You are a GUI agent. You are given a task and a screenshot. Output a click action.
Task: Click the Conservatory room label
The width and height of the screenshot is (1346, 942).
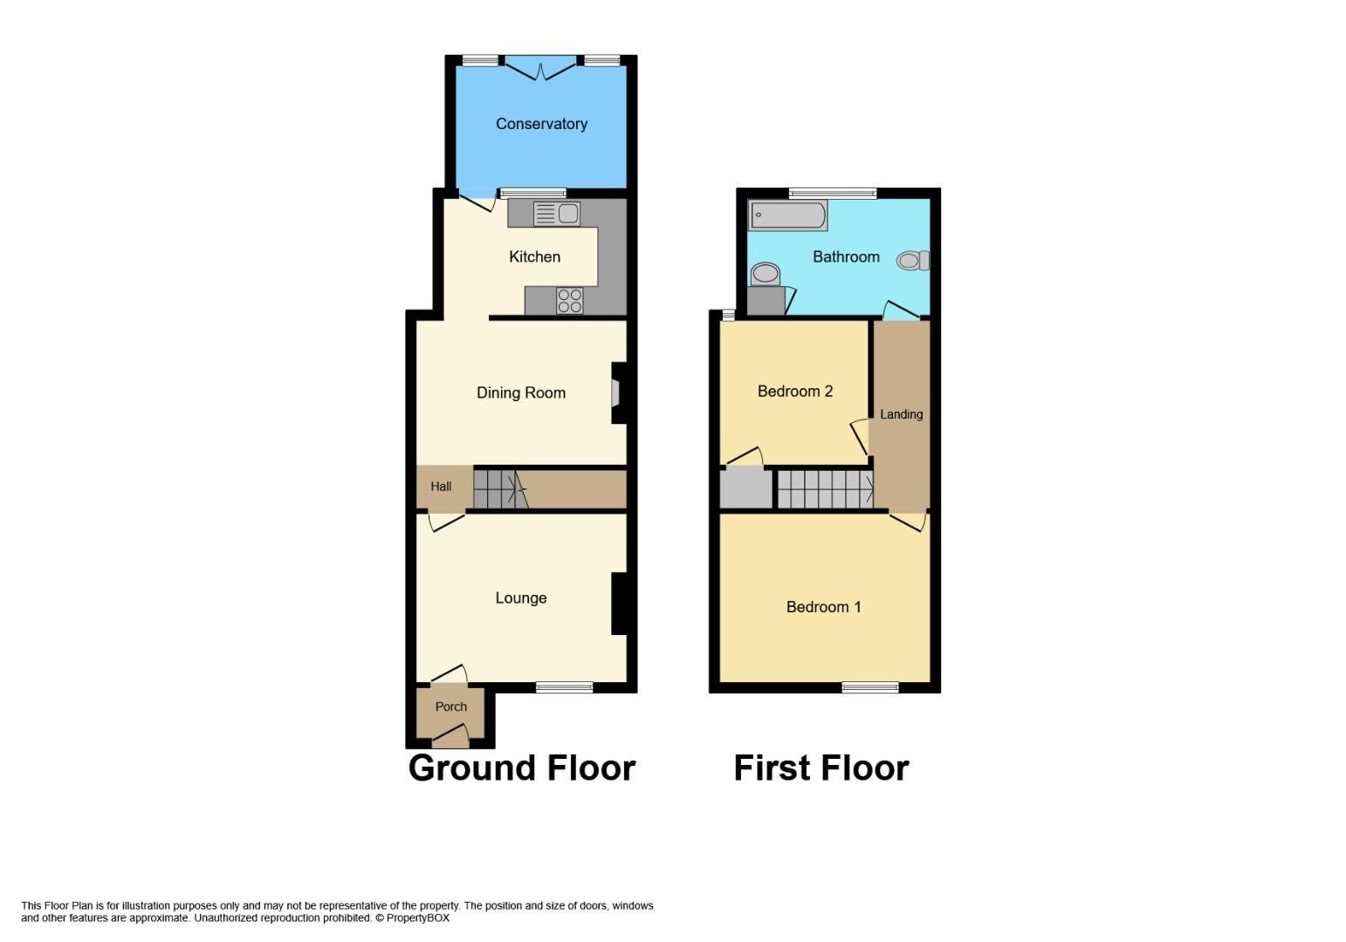pos(541,124)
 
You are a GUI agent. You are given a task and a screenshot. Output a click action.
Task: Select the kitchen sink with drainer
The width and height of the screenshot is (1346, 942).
pos(556,214)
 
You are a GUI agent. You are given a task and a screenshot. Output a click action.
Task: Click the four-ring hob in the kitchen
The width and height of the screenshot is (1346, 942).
pos(569,301)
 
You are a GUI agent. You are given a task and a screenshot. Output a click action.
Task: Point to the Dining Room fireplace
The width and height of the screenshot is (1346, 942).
pos(616,392)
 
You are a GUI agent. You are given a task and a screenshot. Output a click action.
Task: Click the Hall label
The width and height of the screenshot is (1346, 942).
pos(441,487)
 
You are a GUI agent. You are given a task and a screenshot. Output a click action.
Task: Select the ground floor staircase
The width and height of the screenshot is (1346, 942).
pos(500,488)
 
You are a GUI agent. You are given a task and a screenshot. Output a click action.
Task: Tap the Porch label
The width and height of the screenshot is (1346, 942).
pos(450,706)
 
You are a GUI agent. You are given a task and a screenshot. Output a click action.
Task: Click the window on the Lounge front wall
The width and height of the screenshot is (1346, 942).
pos(564,687)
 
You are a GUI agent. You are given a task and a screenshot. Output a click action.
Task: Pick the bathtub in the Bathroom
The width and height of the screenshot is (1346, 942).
pos(787,215)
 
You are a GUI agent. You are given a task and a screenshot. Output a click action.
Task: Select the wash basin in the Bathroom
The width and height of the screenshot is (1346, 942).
pos(766,274)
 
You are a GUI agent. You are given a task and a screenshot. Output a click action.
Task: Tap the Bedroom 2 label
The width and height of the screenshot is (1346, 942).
pos(794,392)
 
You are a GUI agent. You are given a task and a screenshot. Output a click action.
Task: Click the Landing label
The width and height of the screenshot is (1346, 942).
pos(901,414)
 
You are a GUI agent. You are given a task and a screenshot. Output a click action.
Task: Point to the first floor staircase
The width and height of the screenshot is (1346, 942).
pos(824,488)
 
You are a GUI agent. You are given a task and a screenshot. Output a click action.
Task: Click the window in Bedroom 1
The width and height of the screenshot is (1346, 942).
pos(869,687)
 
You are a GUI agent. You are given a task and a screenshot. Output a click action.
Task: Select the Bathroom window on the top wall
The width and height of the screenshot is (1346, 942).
pos(832,193)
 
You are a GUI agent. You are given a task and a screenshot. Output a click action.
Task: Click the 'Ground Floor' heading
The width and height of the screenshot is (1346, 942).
pos(521,768)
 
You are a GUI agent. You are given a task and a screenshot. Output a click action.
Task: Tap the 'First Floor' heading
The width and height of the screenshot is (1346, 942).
pos(821,768)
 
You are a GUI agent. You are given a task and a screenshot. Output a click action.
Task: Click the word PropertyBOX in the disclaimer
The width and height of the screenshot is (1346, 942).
pos(418,918)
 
